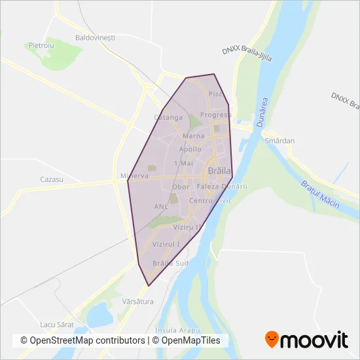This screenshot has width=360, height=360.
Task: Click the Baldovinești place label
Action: (x=95, y=37)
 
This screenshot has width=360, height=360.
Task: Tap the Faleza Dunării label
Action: (x=221, y=187)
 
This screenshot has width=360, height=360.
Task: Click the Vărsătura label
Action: (x=137, y=301)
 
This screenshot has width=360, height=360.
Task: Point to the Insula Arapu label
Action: (x=177, y=330)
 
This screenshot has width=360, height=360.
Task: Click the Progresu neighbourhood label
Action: (x=216, y=115)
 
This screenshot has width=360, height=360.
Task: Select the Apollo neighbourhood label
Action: (x=190, y=149)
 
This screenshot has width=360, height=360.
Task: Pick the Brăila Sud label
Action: (x=170, y=263)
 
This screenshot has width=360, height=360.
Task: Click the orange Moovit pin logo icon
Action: (x=272, y=339)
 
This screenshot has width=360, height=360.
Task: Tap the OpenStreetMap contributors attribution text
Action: (x=82, y=340)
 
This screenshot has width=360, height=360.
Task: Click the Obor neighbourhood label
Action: (x=180, y=187)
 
